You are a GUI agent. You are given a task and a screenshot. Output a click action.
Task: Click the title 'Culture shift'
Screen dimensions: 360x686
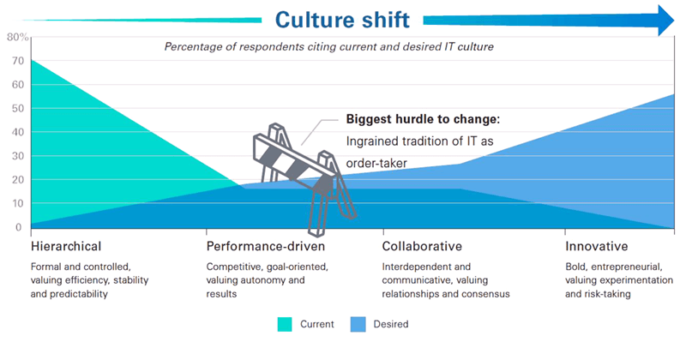click(343, 19)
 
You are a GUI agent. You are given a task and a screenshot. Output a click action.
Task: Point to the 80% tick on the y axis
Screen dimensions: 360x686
click(17, 37)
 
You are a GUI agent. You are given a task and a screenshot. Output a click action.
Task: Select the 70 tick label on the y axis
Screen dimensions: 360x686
click(16, 61)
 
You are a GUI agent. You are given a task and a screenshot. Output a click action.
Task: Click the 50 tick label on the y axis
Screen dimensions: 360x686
click(16, 109)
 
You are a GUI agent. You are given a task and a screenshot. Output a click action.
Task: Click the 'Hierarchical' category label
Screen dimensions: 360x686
click(65, 247)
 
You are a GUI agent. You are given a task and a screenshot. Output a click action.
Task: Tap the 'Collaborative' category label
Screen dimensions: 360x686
click(421, 247)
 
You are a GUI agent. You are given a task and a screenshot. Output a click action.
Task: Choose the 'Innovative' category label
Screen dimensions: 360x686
click(597, 247)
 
